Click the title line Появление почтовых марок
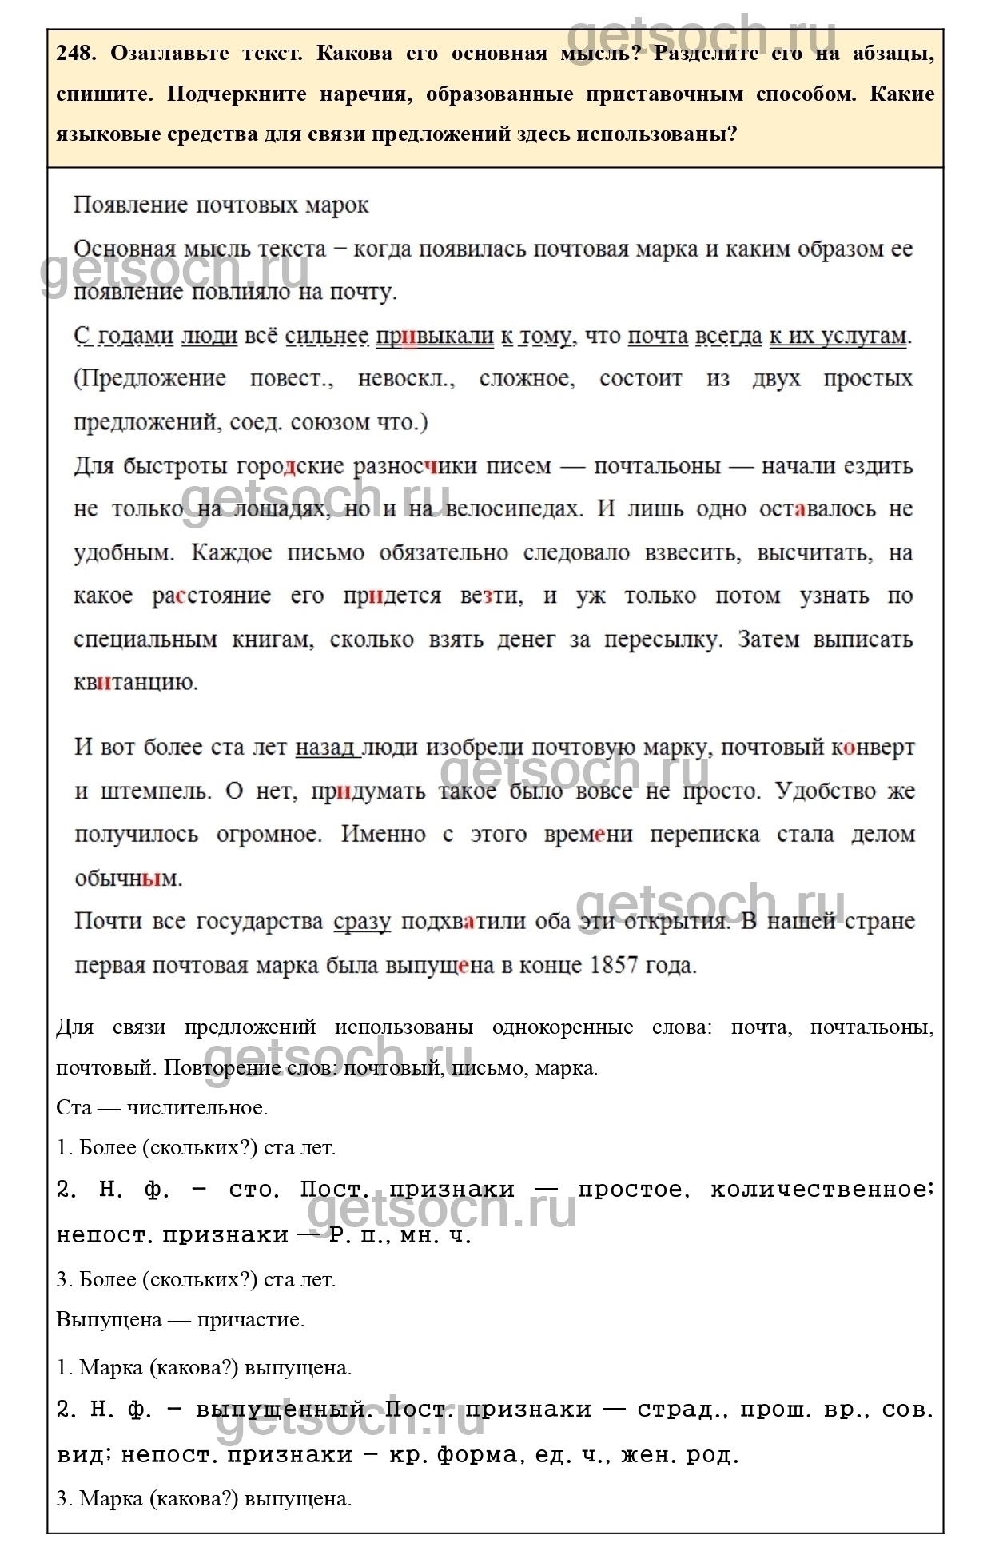click(x=221, y=205)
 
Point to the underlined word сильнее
click(x=326, y=336)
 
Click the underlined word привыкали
click(x=435, y=336)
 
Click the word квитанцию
click(x=135, y=683)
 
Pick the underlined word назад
click(x=325, y=748)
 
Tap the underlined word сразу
click(x=362, y=921)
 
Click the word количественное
click(x=822, y=1190)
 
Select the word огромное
click(x=269, y=835)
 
